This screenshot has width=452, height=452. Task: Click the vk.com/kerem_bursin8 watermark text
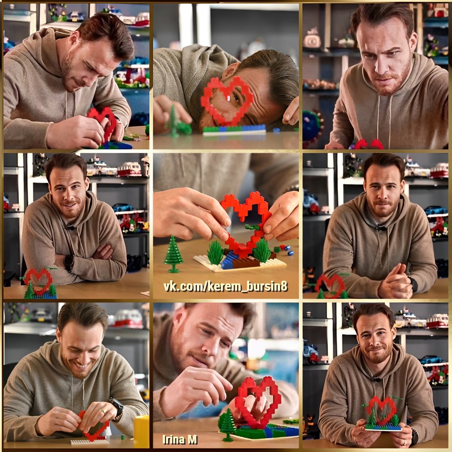tap(225, 287)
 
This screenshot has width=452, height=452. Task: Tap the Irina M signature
tap(180, 440)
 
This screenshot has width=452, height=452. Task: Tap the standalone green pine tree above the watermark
tap(174, 254)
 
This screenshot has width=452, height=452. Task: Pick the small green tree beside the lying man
tap(174, 121)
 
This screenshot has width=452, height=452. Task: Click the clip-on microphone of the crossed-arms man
tap(70, 227)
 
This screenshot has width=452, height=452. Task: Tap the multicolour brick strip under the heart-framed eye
tap(234, 130)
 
